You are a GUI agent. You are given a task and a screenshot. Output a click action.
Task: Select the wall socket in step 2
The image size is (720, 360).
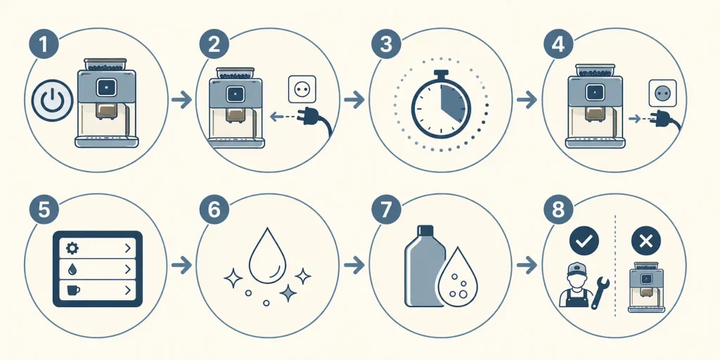pos(302,89)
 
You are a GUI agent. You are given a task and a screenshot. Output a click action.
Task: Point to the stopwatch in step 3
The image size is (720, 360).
pos(441,104)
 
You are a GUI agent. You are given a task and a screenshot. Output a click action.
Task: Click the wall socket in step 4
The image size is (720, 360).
pos(662,94)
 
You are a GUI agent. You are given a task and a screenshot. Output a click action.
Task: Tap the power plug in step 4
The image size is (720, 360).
pos(669,120)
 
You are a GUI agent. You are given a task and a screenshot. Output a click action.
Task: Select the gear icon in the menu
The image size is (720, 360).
pos(72,248)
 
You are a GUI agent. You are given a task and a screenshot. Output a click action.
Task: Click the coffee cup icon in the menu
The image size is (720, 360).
pos(73,290)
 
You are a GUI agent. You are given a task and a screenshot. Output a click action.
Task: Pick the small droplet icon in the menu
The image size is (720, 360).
pos(72,269)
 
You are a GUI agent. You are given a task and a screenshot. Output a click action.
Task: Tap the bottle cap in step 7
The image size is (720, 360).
pos(425,230)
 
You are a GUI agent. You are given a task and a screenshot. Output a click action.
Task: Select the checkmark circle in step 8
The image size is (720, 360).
pos(584,240)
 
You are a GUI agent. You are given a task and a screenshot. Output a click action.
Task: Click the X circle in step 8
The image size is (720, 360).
pos(646,240)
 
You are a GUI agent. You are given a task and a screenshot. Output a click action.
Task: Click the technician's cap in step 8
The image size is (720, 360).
pos(577,268)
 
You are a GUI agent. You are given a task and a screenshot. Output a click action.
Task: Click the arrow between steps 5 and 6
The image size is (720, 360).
pos(181,264)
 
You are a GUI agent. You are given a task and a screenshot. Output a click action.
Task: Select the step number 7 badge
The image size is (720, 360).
pos(386,210)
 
